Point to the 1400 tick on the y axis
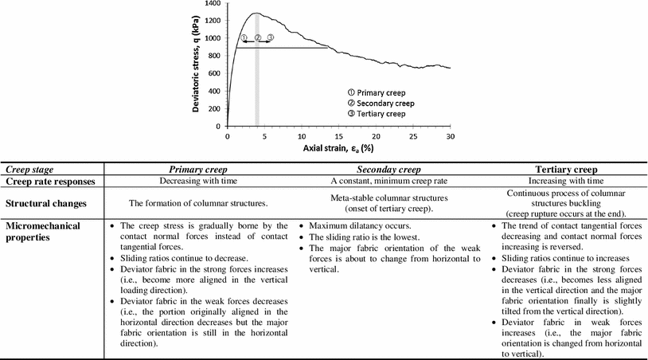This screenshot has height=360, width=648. pyautogui.click(x=212, y=3)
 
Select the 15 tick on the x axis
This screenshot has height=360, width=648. pyautogui.click(x=338, y=137)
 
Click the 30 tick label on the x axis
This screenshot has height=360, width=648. pyautogui.click(x=450, y=137)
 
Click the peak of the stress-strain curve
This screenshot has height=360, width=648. pyautogui.click(x=256, y=13)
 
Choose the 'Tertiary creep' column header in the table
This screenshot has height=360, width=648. pyautogui.click(x=566, y=169)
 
